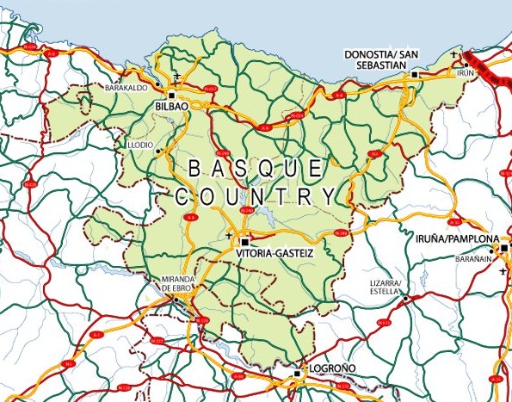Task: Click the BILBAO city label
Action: coord(170,106)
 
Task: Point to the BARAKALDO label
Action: coord(126,88)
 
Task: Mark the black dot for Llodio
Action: coord(158,152)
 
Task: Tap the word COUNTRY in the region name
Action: coord(255,196)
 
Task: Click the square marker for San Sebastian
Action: coord(415,75)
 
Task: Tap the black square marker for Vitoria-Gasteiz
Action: coord(244,242)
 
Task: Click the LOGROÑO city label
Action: coord(330,368)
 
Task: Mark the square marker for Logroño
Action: coord(297,374)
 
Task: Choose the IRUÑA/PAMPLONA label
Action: coord(457,238)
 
